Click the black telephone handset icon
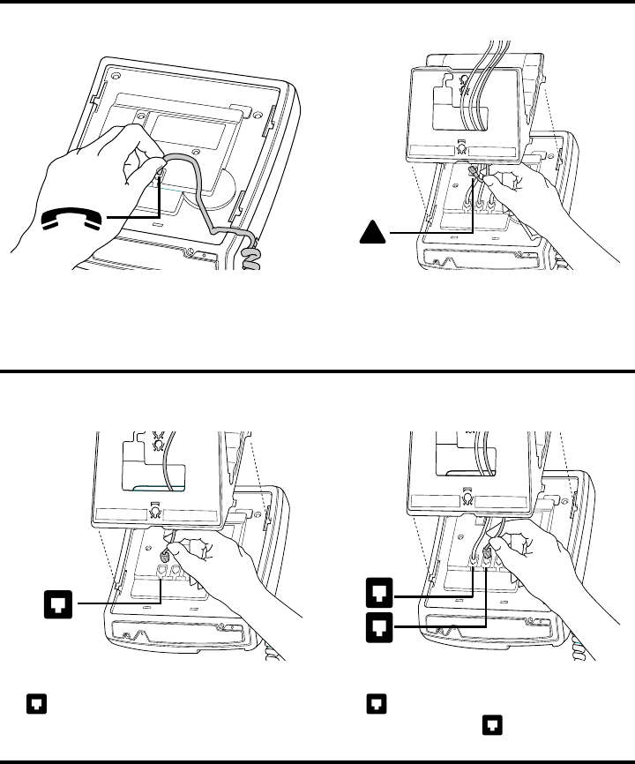(73, 218)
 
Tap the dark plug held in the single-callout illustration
(163, 557)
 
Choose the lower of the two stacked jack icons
(377, 627)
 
